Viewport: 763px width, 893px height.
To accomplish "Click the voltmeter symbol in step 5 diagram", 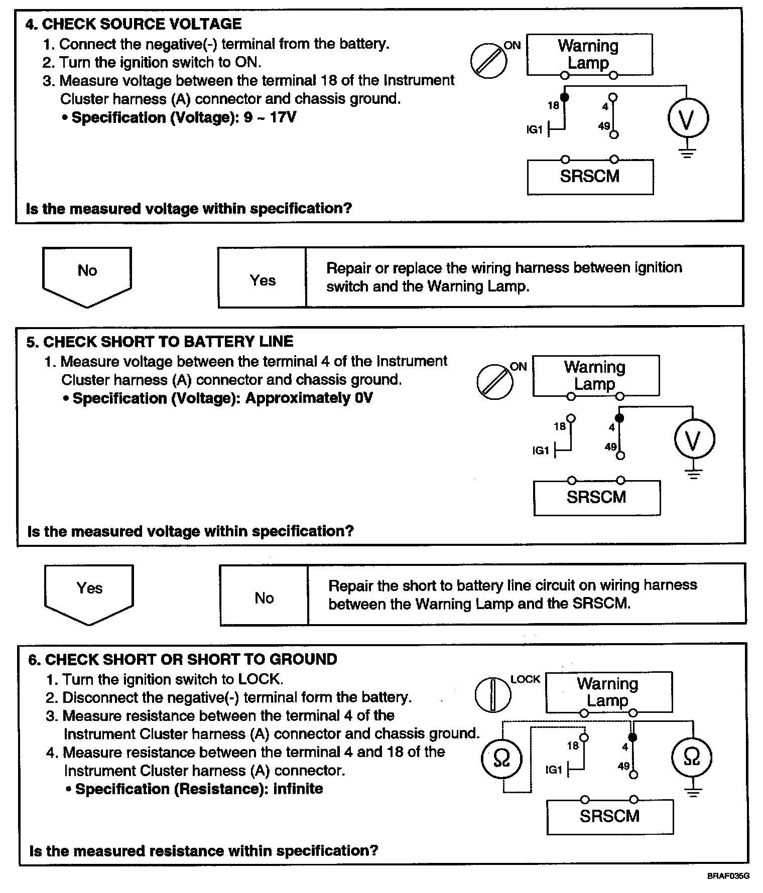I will (694, 439).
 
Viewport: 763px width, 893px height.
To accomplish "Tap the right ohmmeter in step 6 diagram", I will (692, 758).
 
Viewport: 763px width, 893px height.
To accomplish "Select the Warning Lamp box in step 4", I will (589, 54).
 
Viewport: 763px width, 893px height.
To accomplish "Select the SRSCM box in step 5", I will (596, 498).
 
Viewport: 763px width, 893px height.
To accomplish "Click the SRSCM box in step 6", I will (609, 816).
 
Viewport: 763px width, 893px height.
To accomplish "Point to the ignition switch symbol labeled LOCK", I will (492, 695).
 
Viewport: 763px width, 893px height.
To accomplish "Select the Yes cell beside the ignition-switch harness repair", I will (263, 280).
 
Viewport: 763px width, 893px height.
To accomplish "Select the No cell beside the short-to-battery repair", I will (264, 598).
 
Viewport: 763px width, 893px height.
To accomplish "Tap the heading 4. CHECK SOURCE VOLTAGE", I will (134, 24).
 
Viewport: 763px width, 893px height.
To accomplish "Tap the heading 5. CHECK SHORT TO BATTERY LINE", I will (160, 342).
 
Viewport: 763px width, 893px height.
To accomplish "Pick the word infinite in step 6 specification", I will (298, 789).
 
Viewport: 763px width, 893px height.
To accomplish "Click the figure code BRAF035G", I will (728, 876).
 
